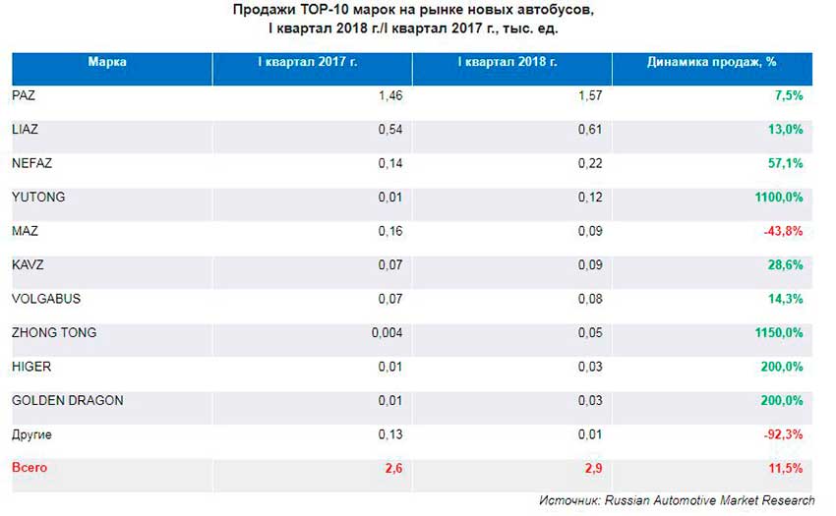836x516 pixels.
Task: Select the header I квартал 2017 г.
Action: point(308,62)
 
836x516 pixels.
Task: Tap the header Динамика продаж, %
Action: point(712,62)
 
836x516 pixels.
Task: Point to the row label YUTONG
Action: point(38,198)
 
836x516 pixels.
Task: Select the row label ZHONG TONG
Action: point(54,333)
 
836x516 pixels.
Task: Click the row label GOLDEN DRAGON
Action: point(68,401)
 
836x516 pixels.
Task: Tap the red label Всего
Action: point(30,468)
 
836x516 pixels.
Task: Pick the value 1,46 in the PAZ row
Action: point(390,95)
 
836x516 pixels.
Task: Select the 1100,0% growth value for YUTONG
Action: point(780,198)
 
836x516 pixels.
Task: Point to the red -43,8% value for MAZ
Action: point(784,231)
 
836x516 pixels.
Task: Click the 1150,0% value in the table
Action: point(780,333)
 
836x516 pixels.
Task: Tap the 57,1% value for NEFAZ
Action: point(786,163)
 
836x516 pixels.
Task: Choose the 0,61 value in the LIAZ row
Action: point(589,129)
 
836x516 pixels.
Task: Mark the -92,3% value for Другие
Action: point(784,434)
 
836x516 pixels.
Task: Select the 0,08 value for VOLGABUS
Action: point(589,299)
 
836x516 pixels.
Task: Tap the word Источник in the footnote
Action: point(568,500)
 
